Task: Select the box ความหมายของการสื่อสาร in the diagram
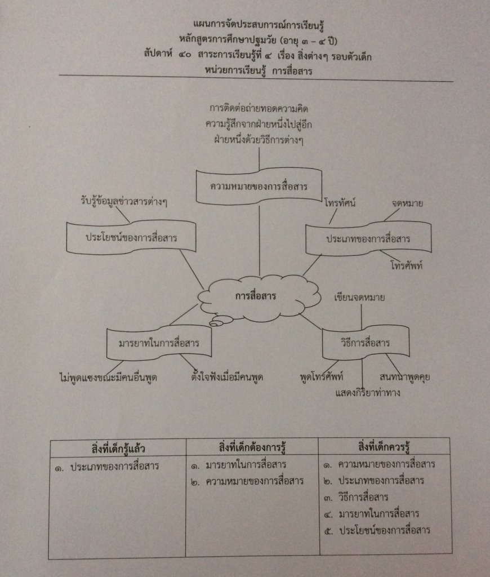point(258,187)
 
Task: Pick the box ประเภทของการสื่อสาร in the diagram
point(368,239)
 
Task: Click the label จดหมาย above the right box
point(407,202)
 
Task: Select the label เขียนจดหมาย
point(359,298)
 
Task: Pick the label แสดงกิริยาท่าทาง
point(367,393)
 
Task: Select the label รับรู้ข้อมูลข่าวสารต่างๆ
point(126,201)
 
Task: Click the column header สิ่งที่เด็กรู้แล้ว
point(118,449)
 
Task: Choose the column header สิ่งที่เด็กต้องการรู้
point(253,448)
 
